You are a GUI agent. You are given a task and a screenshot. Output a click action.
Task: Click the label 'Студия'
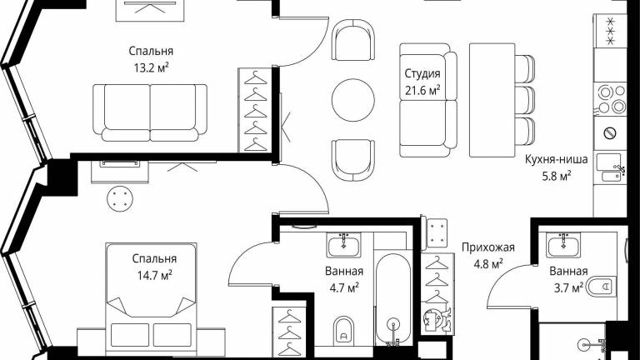point(422,73)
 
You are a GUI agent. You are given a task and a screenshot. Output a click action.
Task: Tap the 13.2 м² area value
point(151,67)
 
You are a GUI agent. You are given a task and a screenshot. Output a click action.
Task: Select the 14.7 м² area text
point(154,275)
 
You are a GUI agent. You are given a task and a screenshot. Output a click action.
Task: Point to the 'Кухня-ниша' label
point(556,159)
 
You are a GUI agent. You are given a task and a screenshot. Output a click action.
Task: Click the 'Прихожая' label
point(488,247)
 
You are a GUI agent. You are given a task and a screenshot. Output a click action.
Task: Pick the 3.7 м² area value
point(568,287)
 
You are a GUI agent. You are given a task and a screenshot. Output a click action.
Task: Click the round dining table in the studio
point(353,100)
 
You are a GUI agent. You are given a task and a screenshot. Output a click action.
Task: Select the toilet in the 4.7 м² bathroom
point(343,329)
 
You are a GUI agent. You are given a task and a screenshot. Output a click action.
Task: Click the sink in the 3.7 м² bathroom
point(563,245)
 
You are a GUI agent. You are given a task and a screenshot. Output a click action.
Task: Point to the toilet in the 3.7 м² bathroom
point(601,287)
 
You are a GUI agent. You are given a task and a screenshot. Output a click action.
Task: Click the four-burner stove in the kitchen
point(611,99)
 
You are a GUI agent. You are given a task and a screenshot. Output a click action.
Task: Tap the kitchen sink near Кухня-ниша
point(610,167)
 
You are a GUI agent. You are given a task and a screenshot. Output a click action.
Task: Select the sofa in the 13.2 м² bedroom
point(150,112)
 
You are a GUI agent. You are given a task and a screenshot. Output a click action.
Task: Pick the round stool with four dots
point(120,199)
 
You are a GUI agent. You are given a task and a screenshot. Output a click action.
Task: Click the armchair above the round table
point(353,40)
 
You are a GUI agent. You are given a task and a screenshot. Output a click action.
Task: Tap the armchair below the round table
point(353,160)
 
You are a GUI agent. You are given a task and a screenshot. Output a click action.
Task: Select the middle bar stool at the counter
point(525,100)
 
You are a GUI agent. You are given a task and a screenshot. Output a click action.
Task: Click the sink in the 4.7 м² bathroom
point(343,244)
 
